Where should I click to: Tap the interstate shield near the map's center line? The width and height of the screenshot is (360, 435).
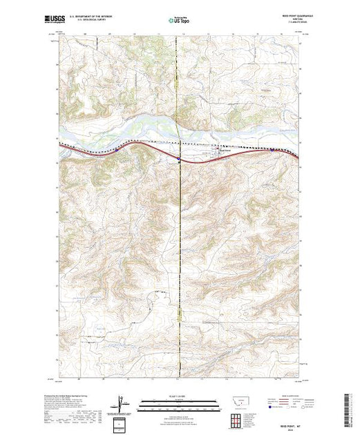click(x=178, y=160)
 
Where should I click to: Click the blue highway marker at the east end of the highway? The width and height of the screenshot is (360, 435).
click(x=272, y=150)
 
